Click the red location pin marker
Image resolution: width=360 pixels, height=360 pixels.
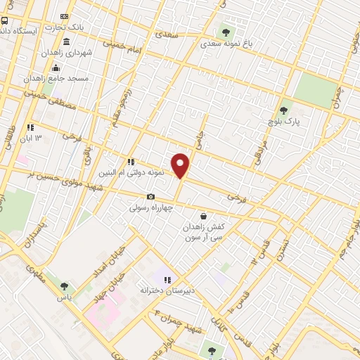[x=181, y=166]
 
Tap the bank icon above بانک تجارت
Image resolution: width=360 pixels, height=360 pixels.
[x=65, y=15]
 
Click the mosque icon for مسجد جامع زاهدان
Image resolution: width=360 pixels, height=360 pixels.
[x=56, y=67]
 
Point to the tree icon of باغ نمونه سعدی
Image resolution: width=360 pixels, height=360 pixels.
[x=226, y=31]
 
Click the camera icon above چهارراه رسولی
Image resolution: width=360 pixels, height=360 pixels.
[x=150, y=197]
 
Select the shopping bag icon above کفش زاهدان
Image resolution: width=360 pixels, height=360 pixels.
[x=203, y=216]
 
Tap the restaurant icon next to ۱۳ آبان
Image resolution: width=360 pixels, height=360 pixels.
[x=30, y=127]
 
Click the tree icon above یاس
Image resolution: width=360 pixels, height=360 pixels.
[x=64, y=286]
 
